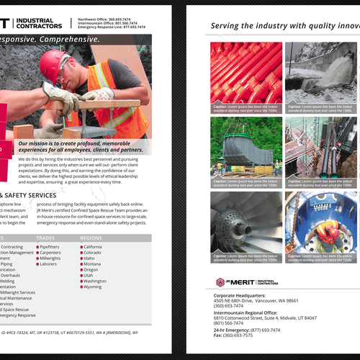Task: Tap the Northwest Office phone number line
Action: coord(105,19)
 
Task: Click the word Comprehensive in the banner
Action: coord(73,39)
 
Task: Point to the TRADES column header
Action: coord(45,237)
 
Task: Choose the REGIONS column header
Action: coord(91,237)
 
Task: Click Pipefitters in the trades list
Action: coord(50,246)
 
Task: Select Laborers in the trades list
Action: coord(48,264)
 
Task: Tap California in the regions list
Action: coord(93,246)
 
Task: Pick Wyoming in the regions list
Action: coord(92,287)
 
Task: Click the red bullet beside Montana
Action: coord(81,264)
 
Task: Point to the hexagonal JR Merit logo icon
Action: coord(220,282)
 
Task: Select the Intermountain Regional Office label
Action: coord(250,312)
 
